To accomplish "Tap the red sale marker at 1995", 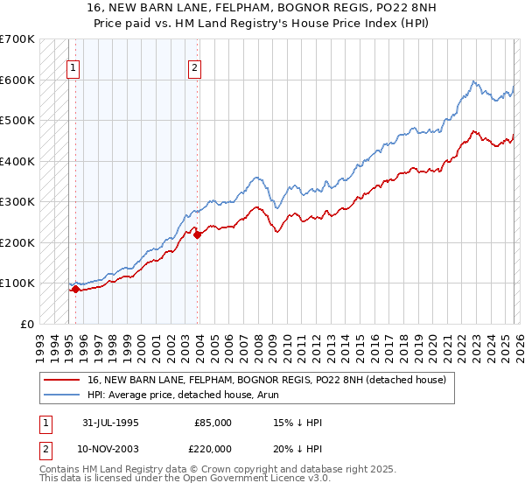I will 75,289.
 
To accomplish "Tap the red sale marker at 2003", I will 198,234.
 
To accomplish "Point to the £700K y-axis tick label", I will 17,39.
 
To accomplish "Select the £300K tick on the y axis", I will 17,201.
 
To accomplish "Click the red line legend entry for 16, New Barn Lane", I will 267,380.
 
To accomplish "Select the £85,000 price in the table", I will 213,423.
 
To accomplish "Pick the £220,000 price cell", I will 213,447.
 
